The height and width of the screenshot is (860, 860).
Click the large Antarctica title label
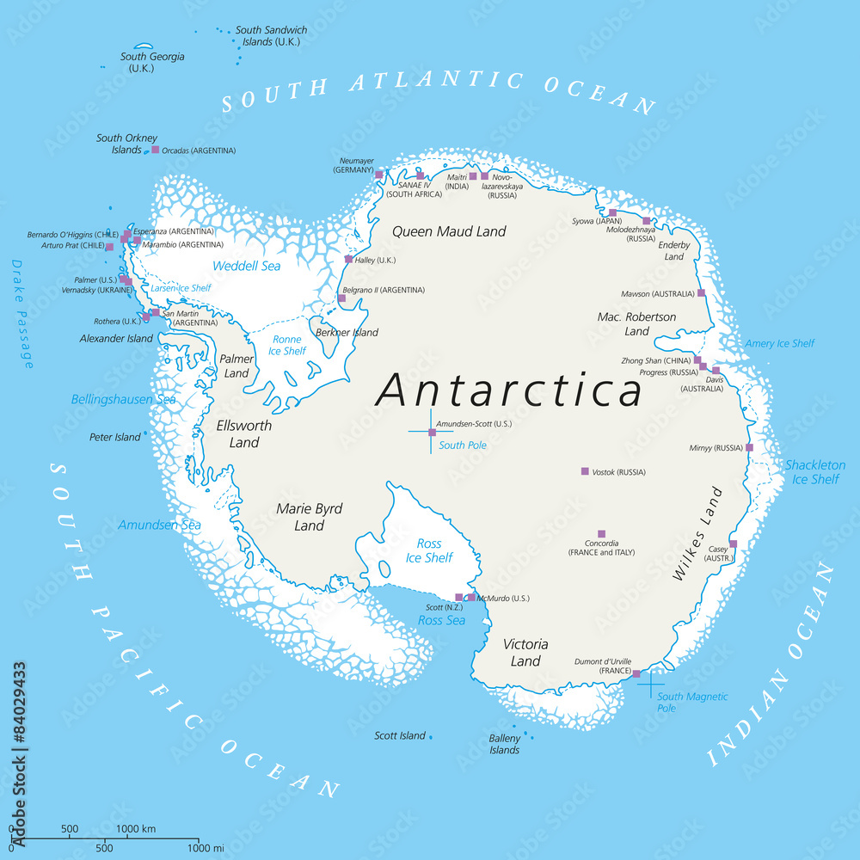[509, 390]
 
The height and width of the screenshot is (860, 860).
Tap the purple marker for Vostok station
[585, 471]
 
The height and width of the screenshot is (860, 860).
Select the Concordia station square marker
[601, 534]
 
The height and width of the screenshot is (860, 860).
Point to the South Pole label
[463, 445]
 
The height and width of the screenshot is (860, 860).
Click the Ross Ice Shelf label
[429, 550]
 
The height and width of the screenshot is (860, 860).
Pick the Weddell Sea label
[247, 266]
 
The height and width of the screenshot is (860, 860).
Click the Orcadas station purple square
[156, 150]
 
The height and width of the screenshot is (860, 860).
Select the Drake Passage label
[22, 314]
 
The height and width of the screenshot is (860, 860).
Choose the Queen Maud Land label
[449, 231]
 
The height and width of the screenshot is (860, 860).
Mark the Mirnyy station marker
[749, 447]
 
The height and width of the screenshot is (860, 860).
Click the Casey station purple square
[734, 544]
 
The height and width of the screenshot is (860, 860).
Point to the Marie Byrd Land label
[310, 517]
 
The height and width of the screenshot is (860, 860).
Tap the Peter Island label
[114, 437]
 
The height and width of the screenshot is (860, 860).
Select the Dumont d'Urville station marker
[636, 673]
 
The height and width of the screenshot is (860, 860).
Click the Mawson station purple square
[701, 293]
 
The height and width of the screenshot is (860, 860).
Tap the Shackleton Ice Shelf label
[814, 472]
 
